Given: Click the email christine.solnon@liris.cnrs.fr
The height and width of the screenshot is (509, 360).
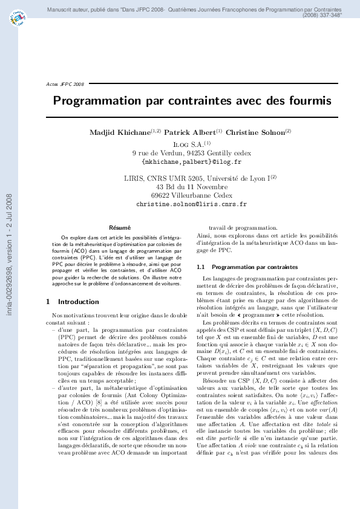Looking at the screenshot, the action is (x=191, y=204).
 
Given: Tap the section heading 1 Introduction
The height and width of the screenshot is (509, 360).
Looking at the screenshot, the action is (x=73, y=301).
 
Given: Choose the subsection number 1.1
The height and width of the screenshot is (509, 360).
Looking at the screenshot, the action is (x=202, y=267).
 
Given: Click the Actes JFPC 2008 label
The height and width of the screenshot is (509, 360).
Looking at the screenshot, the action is (x=65, y=84).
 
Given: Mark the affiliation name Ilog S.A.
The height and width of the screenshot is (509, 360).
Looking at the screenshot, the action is (x=189, y=144).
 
